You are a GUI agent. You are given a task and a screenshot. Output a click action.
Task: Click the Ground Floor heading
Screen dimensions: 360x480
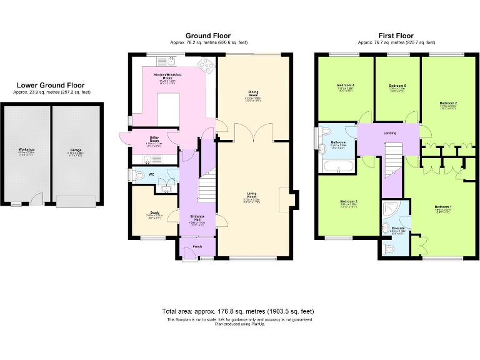point(208,36)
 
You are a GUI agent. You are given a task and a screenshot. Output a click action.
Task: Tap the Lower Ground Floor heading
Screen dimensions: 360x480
point(51,86)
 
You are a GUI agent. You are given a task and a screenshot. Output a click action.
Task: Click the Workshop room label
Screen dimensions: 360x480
point(26,150)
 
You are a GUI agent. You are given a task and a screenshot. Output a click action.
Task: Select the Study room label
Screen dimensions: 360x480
point(155,212)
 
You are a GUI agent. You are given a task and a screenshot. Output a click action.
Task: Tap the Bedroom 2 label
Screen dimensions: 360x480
point(448,102)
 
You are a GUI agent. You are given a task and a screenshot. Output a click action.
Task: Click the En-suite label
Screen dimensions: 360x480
point(397,229)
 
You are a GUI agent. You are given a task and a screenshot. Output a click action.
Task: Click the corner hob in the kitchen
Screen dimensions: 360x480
point(205,64)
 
